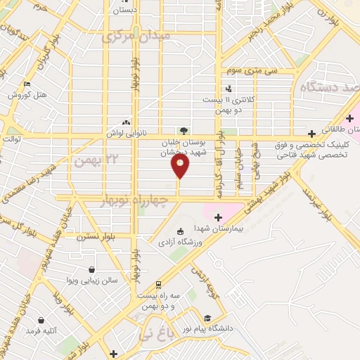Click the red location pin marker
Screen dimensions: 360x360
point(181,166)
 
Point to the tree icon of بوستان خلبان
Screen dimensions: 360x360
point(184,130)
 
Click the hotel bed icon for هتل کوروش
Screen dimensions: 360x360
point(27,84)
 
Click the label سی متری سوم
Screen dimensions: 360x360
point(251,71)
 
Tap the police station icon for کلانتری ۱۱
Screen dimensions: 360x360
point(229,89)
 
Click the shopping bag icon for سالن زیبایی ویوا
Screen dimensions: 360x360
point(92,269)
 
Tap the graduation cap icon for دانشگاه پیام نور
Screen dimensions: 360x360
point(207,318)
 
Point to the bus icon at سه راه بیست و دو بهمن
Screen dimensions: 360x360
point(159,285)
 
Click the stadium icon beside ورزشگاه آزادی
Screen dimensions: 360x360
point(180,231)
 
